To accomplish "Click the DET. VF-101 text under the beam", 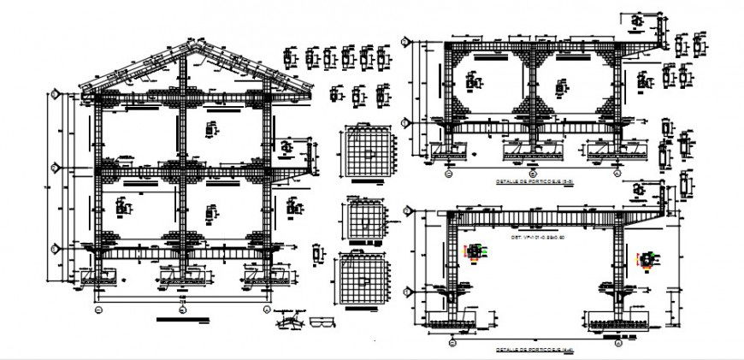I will [x=539, y=236].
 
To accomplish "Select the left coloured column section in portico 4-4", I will [x=473, y=252].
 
